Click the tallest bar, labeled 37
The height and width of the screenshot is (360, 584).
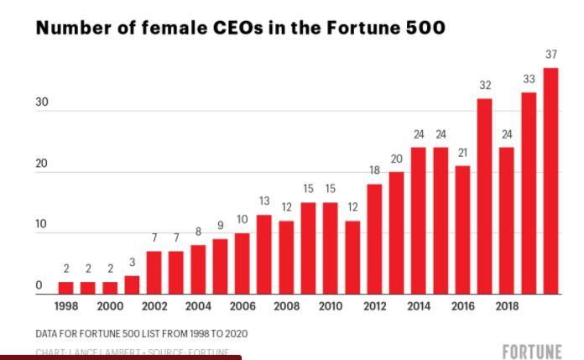[550, 180]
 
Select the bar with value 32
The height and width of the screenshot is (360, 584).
[485, 196]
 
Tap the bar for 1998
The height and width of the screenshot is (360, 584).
[65, 288]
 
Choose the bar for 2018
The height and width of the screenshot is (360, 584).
[507, 221]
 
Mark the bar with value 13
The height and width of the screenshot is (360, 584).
[264, 254]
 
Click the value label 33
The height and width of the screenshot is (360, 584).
[529, 79]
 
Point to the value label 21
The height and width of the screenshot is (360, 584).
[462, 153]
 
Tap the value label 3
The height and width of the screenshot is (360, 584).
[132, 263]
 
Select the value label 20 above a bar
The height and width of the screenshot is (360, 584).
[397, 159]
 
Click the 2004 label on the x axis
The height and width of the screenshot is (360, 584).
[198, 306]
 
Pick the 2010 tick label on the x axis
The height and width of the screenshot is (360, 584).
[331, 306]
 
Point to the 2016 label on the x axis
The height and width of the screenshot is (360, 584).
[463, 306]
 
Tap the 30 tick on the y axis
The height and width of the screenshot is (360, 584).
[42, 102]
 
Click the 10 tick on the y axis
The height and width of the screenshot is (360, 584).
[42, 225]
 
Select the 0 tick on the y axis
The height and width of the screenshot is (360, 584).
[39, 286]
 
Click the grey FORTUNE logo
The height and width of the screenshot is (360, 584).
[531, 351]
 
